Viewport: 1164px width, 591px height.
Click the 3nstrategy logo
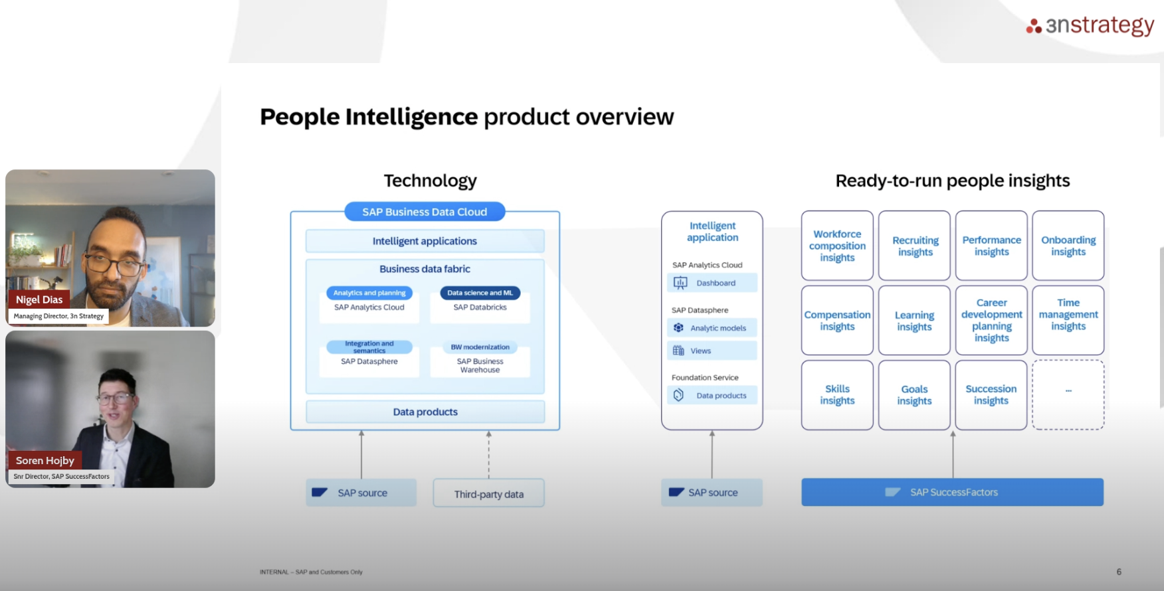[1090, 25]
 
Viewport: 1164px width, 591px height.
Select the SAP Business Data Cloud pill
[425, 212]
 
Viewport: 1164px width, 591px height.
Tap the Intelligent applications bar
[425, 241]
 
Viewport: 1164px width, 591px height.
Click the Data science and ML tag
[480, 293]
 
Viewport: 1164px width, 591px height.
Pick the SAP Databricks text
[480, 307]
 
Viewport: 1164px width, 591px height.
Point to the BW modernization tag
[480, 347]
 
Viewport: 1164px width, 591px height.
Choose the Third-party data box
[488, 493]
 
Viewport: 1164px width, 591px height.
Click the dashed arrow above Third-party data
[488, 455]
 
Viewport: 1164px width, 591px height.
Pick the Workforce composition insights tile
[837, 246]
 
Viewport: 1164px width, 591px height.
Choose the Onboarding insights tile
[1068, 246]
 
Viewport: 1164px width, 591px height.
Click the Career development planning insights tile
[991, 320]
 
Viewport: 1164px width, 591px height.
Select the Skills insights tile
[837, 394]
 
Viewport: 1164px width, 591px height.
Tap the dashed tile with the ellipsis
[1068, 394]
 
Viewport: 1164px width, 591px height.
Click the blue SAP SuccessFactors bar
[952, 492]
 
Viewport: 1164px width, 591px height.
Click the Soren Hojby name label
[45, 460]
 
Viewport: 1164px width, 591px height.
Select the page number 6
[1119, 572]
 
